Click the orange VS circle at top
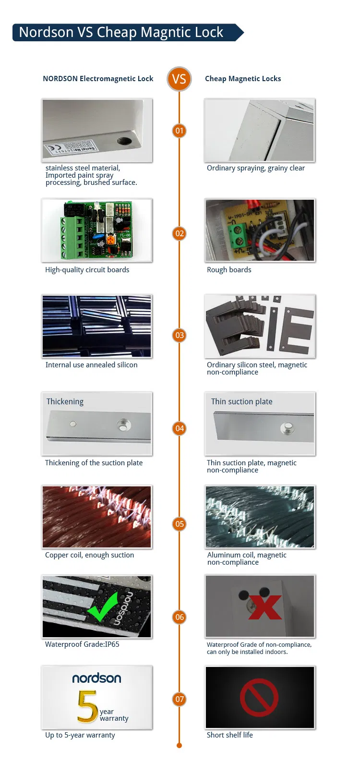(179, 79)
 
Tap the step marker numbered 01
(179, 131)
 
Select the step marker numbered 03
(179, 335)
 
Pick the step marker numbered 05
(179, 524)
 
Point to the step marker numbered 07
(179, 699)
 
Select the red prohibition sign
(259, 697)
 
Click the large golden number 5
(87, 706)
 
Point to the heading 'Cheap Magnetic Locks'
(243, 79)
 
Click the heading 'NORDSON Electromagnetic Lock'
(98, 79)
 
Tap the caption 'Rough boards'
(229, 270)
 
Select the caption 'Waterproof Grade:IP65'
(82, 644)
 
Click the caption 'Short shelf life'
(229, 735)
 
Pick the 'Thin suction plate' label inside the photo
(241, 401)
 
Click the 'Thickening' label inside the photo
(65, 401)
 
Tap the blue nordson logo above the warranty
(96, 678)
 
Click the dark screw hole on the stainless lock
(124, 141)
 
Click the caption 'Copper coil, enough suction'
(89, 555)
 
